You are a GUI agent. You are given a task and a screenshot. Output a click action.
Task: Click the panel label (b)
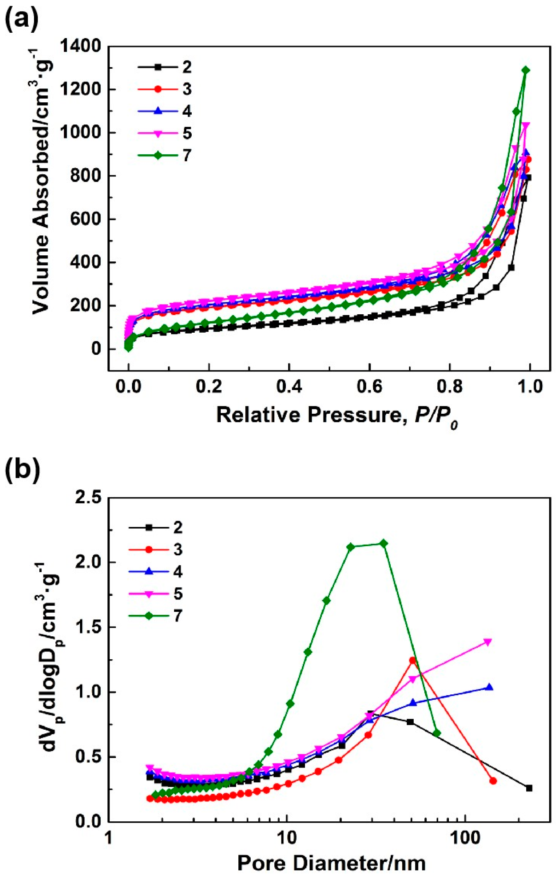22,469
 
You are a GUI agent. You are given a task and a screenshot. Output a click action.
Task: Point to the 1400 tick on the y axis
80,46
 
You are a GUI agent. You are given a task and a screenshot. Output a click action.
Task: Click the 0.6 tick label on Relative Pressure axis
369,386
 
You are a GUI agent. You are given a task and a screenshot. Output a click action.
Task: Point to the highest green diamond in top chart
525,70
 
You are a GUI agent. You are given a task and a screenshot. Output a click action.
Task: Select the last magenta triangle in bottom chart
488,641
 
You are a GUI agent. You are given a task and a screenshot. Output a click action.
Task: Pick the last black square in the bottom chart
529,788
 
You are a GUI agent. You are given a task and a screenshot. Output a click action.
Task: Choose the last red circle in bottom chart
493,781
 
